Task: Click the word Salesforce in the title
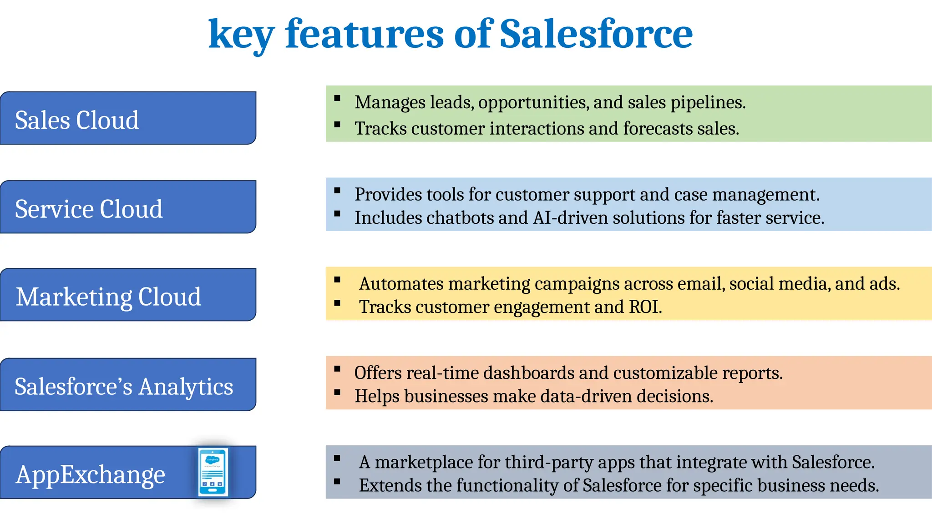tap(596, 34)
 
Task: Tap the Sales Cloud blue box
tap(128, 118)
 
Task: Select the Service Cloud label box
tap(128, 207)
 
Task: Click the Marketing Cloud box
tap(128, 295)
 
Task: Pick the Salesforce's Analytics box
tap(128, 385)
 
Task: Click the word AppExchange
tap(90, 474)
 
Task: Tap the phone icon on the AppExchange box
tap(213, 472)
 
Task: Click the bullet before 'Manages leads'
tap(337, 98)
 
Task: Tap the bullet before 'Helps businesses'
tap(337, 392)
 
